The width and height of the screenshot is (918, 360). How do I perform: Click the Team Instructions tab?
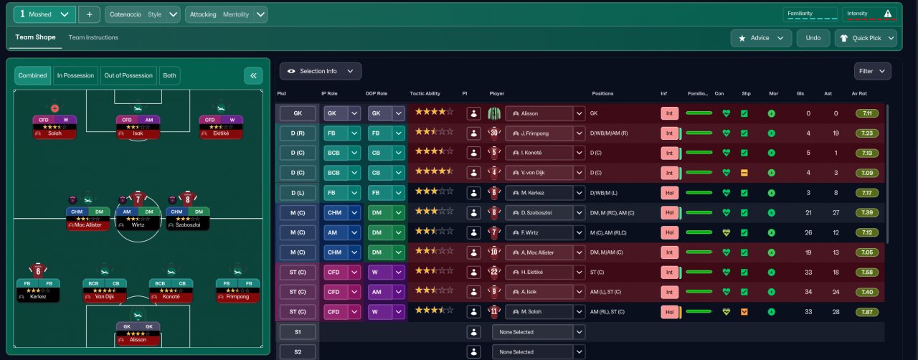93,37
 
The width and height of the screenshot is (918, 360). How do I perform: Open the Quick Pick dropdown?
866,38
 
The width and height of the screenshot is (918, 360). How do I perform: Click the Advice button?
761,38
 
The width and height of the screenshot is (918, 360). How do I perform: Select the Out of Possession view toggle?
128,75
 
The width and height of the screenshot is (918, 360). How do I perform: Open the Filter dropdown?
872,71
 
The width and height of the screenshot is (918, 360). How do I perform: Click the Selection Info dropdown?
321,71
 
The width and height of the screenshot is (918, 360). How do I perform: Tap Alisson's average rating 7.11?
867,113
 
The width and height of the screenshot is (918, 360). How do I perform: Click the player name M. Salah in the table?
539,312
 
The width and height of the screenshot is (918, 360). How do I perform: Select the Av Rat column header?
859,94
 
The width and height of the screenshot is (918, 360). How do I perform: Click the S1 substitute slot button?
297,332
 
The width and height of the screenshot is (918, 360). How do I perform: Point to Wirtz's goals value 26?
808,232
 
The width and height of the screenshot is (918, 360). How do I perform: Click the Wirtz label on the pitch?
138,224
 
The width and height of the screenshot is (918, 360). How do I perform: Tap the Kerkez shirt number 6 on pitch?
38,270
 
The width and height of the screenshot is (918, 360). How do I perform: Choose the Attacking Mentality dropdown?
226,14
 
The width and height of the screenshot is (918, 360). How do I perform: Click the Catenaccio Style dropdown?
143,14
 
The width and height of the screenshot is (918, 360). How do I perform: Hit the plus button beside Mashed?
89,14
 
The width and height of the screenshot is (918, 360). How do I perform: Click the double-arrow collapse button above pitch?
252,75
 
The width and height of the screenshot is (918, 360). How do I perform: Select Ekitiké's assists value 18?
835,273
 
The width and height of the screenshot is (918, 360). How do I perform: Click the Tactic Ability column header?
425,94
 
